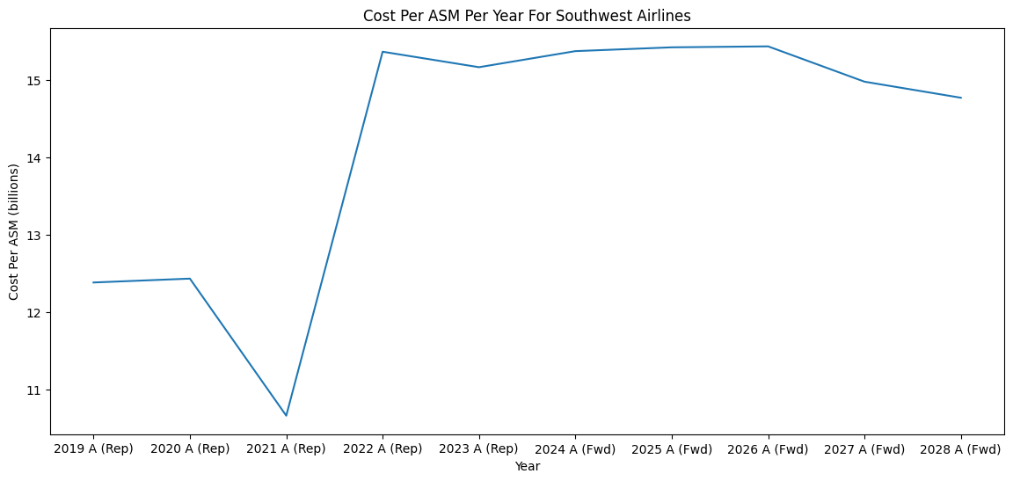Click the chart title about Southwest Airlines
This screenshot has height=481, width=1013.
[527, 15]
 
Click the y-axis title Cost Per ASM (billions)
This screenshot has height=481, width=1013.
[15, 231]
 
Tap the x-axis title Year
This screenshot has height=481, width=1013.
[527, 467]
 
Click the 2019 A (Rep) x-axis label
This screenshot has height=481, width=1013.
[93, 449]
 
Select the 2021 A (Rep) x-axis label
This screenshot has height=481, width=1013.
[286, 449]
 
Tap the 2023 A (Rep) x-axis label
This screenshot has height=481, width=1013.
[478, 449]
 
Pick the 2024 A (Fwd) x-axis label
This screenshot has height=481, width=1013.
[575, 449]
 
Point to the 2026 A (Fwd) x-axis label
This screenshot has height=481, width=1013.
[768, 449]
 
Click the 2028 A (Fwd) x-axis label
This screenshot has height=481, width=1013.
[960, 449]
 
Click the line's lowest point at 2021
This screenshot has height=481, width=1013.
[286, 416]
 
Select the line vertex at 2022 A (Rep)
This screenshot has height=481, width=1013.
[383, 52]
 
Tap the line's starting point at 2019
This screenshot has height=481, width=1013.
[93, 282]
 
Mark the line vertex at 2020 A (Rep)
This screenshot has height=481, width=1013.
[190, 279]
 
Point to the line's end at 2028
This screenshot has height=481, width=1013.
[960, 98]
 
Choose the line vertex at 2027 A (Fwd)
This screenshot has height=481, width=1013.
[864, 82]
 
